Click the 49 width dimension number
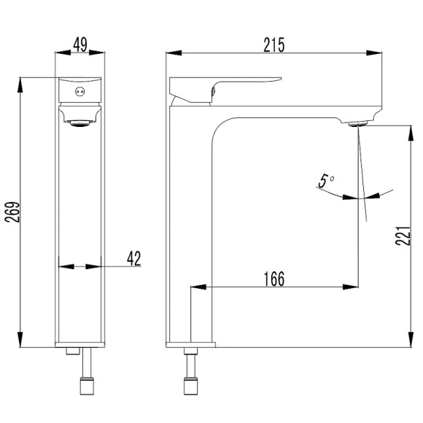pyautogui.click(x=80, y=44)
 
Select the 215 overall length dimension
pyautogui.click(x=273, y=44)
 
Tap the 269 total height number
pyautogui.click(x=12, y=212)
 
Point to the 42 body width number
pyautogui.click(x=134, y=258)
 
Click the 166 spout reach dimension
pyautogui.click(x=273, y=279)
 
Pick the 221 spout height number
pyautogui.click(x=403, y=236)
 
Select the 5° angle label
pyautogui.click(x=326, y=181)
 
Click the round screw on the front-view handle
pyautogui.click(x=79, y=92)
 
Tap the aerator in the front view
pyautogui.click(x=79, y=123)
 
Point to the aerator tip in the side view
pyautogui.click(x=357, y=124)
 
